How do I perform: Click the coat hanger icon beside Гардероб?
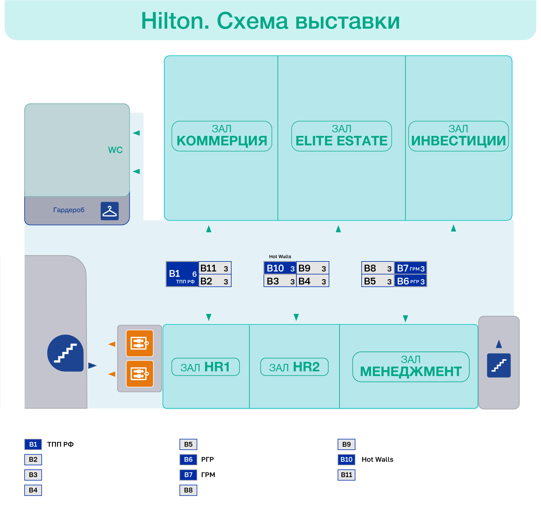tap(110, 211)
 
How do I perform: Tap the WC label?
tap(115, 150)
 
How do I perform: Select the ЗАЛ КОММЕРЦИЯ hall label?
tap(222, 136)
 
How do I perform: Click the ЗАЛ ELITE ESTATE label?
tap(341, 136)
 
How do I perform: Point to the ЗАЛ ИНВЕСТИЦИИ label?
tap(458, 136)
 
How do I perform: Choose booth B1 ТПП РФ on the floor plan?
tap(182, 274)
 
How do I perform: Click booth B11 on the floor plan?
tap(215, 268)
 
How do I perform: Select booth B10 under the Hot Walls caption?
tap(280, 268)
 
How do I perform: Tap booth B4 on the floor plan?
tap(312, 281)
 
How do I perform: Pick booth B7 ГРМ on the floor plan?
tap(410, 268)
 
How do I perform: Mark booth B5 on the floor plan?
tap(378, 281)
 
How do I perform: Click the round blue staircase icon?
tap(65, 353)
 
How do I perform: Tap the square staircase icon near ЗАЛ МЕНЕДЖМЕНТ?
tap(499, 365)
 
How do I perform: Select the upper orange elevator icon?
tap(140, 343)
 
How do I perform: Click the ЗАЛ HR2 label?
tap(294, 367)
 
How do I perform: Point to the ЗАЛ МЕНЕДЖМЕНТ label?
tap(411, 367)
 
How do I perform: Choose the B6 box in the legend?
tap(188, 460)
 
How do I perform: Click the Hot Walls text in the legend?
tap(377, 460)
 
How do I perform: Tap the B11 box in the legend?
tap(346, 475)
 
